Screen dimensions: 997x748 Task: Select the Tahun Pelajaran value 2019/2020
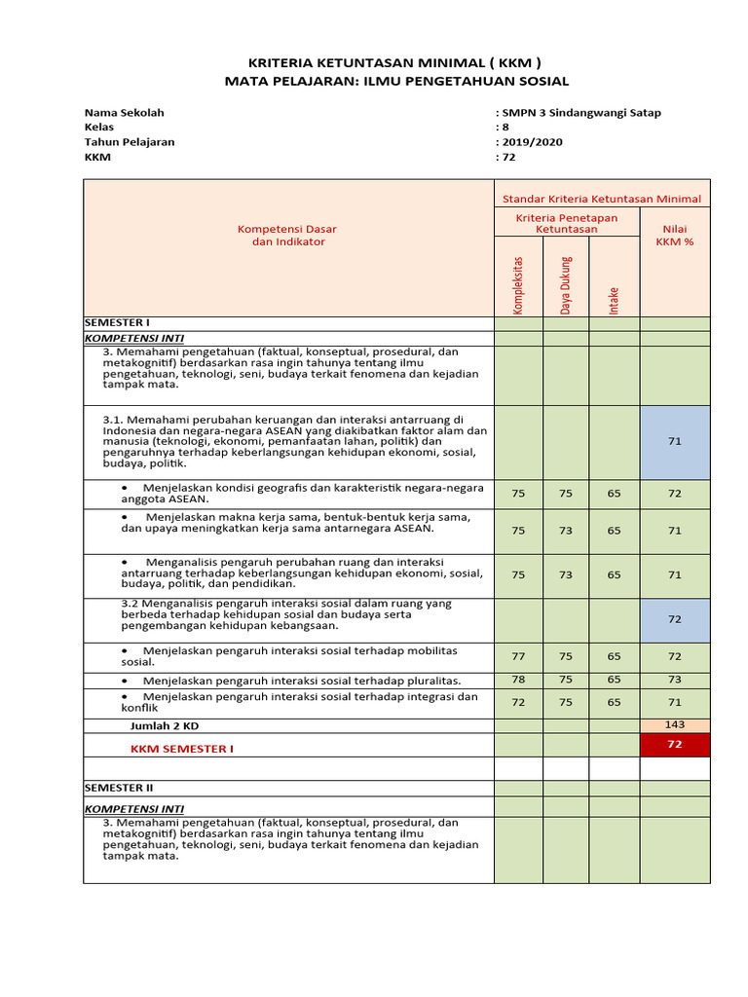531,141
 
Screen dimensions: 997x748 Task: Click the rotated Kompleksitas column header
518,285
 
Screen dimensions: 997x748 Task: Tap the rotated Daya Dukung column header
566,285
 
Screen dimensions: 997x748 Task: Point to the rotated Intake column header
614,298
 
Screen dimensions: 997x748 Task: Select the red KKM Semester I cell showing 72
675,745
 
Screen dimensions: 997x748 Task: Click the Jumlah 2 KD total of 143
675,724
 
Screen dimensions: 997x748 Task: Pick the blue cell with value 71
675,441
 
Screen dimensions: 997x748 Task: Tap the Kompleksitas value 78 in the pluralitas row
518,680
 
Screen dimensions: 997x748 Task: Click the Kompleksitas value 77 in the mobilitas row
518,656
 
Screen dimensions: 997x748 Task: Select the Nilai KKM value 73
675,680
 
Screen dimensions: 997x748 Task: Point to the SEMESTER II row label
118,787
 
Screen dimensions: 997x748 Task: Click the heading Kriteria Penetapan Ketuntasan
566,224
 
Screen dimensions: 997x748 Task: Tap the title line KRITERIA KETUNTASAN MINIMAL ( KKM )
395,59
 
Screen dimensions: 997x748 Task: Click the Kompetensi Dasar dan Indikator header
287,236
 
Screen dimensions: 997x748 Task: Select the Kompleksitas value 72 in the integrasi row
518,702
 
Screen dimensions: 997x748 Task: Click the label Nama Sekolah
124,112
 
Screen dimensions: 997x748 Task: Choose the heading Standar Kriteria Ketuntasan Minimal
601,199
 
